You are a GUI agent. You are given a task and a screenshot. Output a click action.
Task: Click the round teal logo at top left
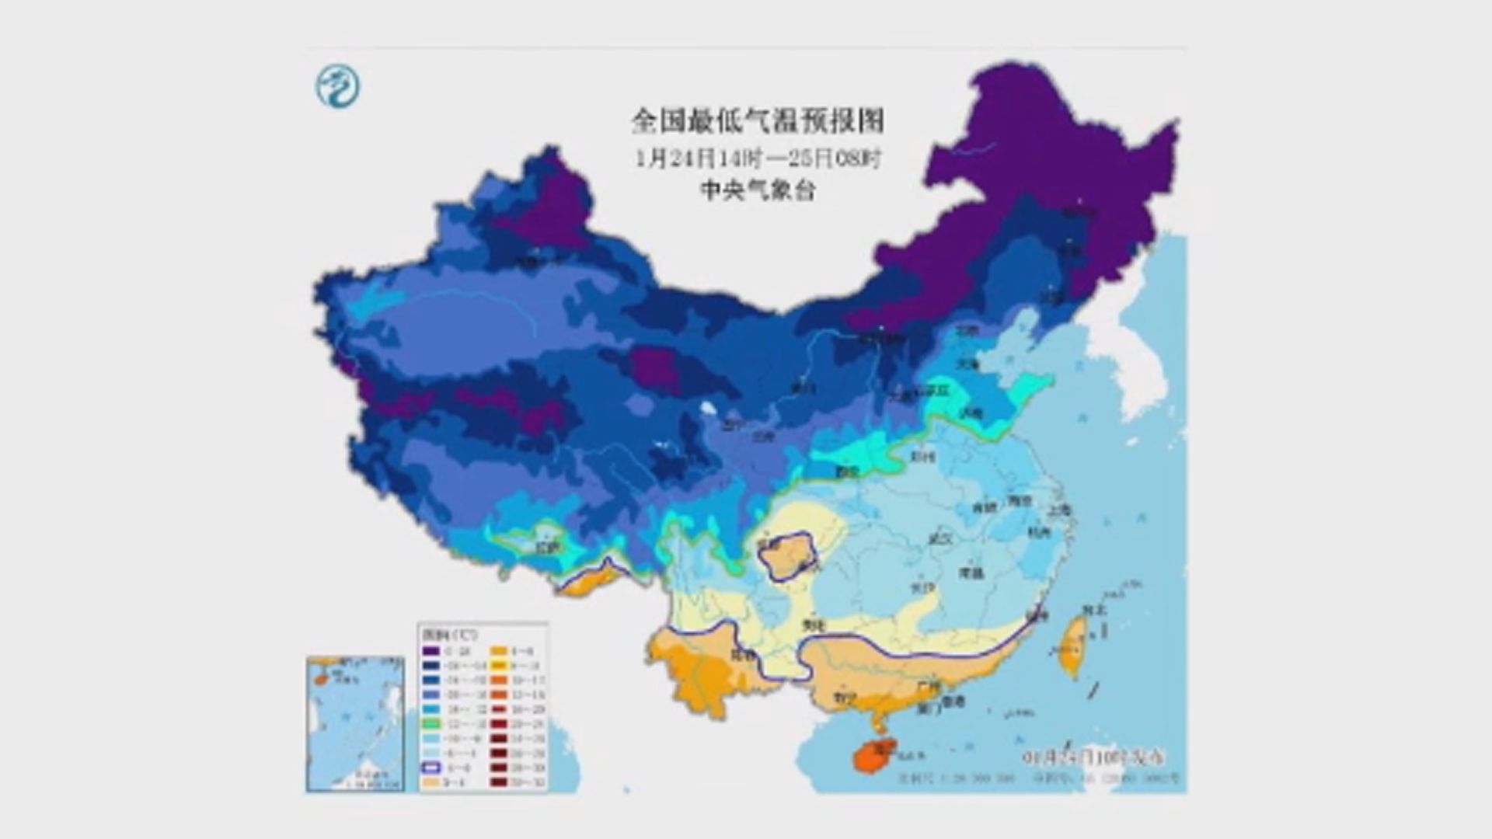tap(338, 86)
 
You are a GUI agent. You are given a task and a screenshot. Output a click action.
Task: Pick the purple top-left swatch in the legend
tap(430, 651)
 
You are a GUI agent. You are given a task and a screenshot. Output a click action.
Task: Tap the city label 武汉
tap(941, 538)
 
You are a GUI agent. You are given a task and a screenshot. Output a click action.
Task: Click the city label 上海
tap(1058, 510)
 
